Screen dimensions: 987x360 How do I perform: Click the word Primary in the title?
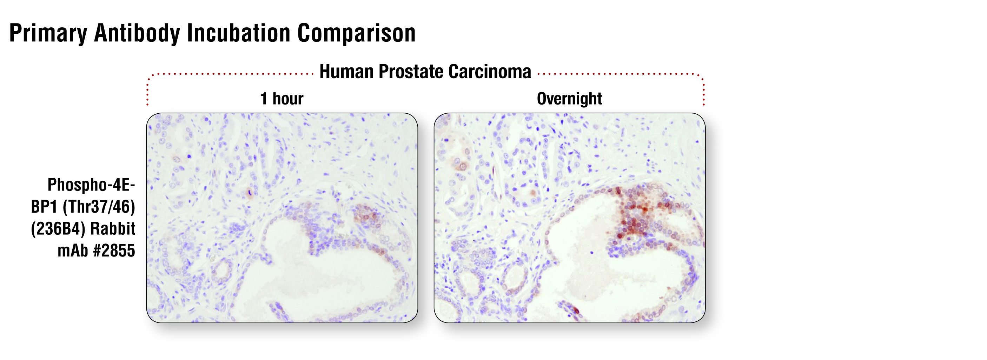[x=48, y=33]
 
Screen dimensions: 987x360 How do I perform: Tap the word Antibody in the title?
[x=137, y=33]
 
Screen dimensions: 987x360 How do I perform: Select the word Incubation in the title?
[x=239, y=33]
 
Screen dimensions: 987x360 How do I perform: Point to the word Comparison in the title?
[x=357, y=33]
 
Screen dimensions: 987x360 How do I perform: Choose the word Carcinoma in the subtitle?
[x=490, y=72]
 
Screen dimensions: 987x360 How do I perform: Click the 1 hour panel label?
[x=281, y=99]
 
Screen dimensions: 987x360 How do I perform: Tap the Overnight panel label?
[x=569, y=99]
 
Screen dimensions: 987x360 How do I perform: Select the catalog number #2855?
[x=114, y=251]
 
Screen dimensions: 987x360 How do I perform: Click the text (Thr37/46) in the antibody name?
[x=99, y=207]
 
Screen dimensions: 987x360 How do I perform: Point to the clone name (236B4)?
[x=58, y=229]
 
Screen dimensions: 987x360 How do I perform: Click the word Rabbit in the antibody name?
[x=113, y=229]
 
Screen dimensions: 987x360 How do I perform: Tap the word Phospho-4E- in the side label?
[x=91, y=185]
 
